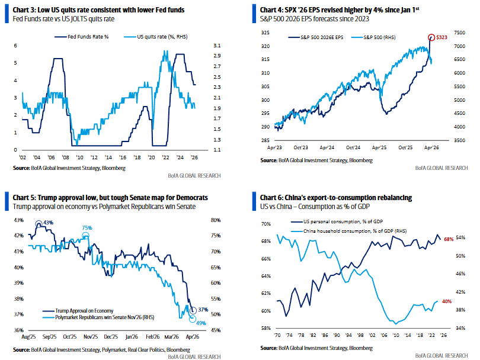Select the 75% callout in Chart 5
coord(87,228)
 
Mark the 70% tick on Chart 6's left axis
coord(265,224)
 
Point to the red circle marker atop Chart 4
coord(431,37)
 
